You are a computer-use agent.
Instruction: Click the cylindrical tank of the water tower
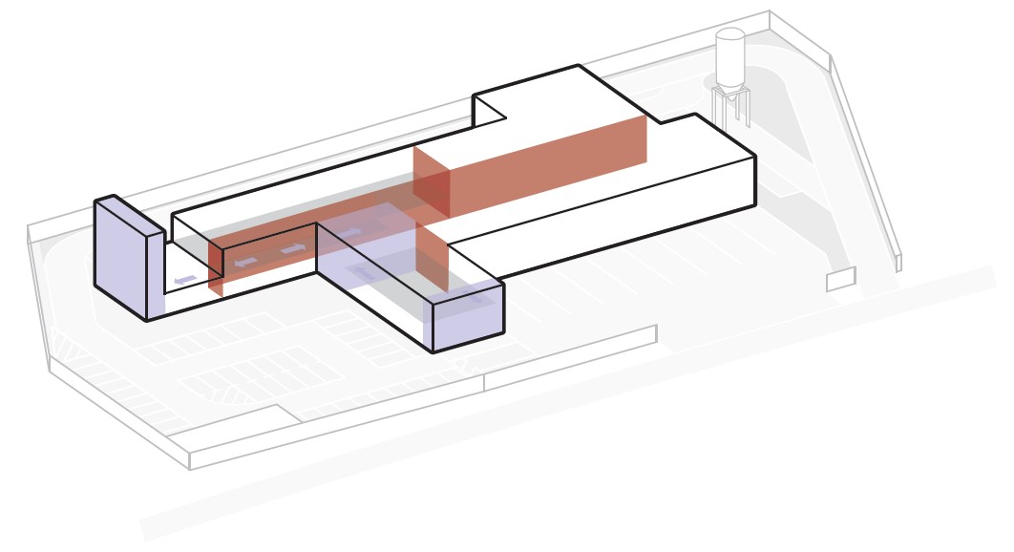(x=730, y=59)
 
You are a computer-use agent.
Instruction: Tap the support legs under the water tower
(x=732, y=108)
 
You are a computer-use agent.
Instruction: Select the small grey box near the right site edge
(x=840, y=279)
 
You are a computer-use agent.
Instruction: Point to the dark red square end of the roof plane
(x=431, y=181)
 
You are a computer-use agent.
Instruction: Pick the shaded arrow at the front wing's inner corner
(x=363, y=274)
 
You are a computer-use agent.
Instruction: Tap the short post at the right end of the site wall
(x=898, y=263)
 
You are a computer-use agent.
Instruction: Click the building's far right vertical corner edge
(x=755, y=180)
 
